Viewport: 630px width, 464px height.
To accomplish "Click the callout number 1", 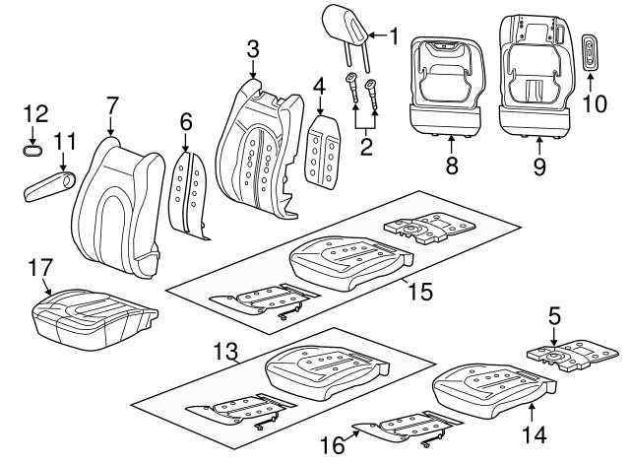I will (x=393, y=38).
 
